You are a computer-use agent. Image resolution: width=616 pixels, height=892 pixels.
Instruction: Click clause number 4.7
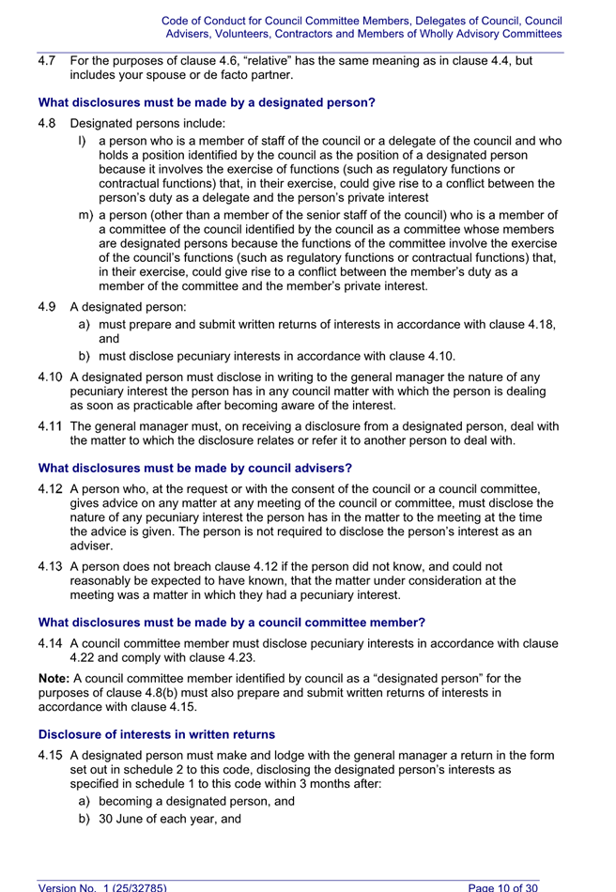point(47,60)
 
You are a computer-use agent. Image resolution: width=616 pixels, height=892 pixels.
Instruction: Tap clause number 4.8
point(47,122)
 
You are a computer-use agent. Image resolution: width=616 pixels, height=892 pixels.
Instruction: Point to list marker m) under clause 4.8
point(85,214)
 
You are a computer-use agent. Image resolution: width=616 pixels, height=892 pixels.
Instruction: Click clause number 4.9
point(47,306)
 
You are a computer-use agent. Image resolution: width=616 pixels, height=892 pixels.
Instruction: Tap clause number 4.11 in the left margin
point(51,426)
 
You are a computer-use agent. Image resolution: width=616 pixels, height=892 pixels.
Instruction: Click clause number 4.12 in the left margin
point(51,488)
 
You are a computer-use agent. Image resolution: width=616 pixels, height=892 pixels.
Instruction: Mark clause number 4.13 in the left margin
point(51,566)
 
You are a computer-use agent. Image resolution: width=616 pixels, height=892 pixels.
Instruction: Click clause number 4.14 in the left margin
point(51,643)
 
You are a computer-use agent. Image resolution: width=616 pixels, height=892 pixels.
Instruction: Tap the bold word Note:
point(54,678)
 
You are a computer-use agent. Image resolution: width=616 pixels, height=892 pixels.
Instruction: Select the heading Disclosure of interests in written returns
point(157,734)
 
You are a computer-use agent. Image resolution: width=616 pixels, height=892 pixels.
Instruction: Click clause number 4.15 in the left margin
point(51,755)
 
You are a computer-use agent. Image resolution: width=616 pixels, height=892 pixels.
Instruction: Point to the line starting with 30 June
point(169,819)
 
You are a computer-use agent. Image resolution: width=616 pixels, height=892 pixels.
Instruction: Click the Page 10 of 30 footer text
point(502,886)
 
